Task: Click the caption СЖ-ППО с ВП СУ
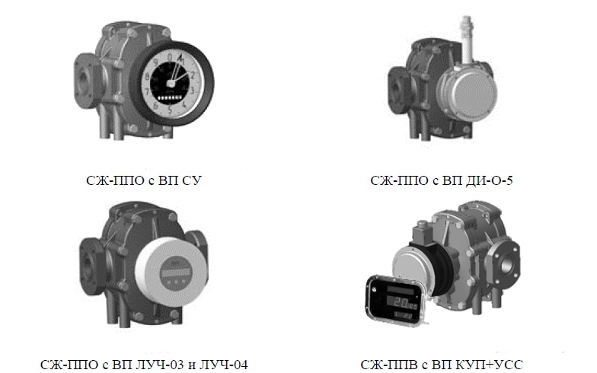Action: (143, 180)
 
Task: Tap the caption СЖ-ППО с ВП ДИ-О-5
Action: (442, 180)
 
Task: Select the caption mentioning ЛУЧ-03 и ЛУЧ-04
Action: (143, 365)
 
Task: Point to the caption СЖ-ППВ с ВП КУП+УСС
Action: (442, 365)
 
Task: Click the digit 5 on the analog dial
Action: (171, 111)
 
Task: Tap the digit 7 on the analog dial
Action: (148, 91)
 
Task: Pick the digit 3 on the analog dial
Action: (192, 90)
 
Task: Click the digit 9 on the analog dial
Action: (155, 61)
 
